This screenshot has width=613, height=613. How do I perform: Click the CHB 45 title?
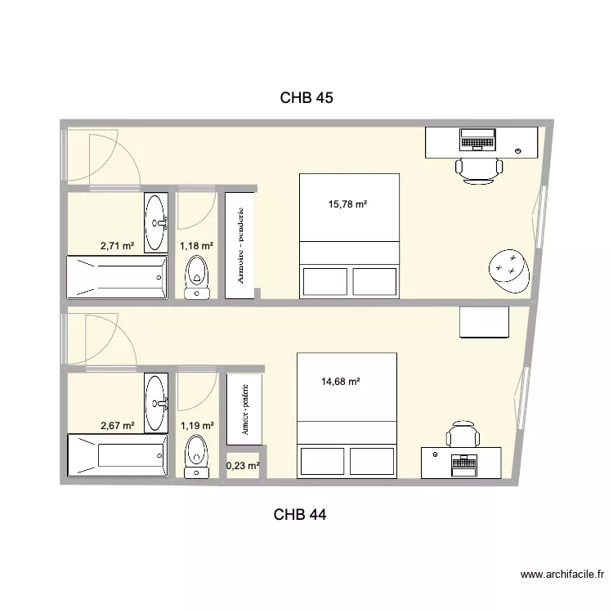pyautogui.click(x=306, y=98)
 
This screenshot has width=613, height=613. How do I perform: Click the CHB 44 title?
pyautogui.click(x=300, y=514)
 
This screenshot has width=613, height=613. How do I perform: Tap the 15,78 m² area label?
pyautogui.click(x=347, y=204)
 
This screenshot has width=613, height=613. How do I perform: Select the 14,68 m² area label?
pyautogui.click(x=341, y=381)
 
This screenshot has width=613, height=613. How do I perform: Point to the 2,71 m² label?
pyautogui.click(x=117, y=246)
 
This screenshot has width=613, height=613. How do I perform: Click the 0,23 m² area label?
pyautogui.click(x=243, y=466)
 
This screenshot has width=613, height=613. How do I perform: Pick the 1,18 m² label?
pyautogui.click(x=196, y=246)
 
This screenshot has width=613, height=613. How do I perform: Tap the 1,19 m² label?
pyautogui.click(x=197, y=425)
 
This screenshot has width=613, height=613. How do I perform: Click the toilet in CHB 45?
pyautogui.click(x=197, y=278)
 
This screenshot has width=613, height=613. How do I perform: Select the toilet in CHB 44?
pyautogui.click(x=196, y=457)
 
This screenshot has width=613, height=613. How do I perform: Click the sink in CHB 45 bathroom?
pyautogui.click(x=156, y=222)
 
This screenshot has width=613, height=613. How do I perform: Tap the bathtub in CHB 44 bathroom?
pyautogui.click(x=118, y=455)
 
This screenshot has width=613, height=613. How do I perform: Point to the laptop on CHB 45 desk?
pyautogui.click(x=477, y=140)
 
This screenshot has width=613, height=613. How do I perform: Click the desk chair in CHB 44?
pyautogui.click(x=463, y=434)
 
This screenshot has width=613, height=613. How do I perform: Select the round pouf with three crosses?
pyautogui.click(x=509, y=271)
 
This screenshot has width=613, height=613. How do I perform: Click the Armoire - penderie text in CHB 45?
pyautogui.click(x=240, y=245)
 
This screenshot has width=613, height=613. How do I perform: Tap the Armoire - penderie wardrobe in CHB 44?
pyautogui.click(x=244, y=409)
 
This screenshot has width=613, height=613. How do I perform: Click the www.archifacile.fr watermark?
pyautogui.click(x=562, y=575)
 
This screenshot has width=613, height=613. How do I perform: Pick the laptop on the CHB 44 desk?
pyautogui.click(x=463, y=466)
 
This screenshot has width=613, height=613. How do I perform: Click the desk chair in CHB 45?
pyautogui.click(x=479, y=171)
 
